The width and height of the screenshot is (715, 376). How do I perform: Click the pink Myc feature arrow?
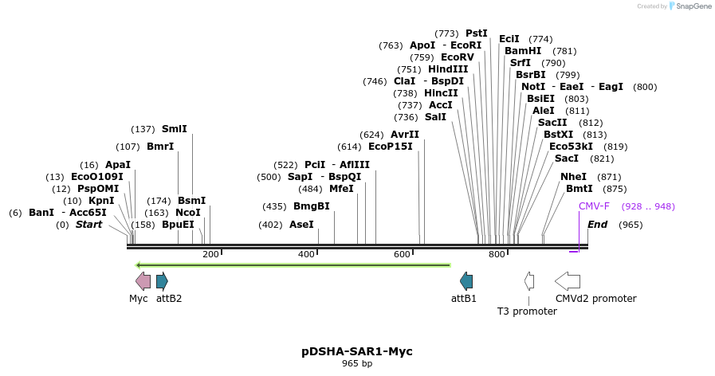(x=143, y=280)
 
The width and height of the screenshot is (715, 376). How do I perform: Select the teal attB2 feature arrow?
(x=162, y=280)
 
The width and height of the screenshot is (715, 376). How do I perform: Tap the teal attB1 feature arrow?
(x=466, y=280)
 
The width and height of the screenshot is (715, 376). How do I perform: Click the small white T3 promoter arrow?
(x=528, y=280)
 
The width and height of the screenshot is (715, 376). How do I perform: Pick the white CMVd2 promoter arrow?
(x=567, y=280)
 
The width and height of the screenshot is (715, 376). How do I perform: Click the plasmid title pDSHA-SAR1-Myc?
(x=357, y=351)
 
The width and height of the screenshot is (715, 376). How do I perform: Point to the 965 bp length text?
(x=357, y=364)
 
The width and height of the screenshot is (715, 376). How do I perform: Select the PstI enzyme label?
(x=477, y=33)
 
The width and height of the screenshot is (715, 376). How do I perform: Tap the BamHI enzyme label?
(x=523, y=51)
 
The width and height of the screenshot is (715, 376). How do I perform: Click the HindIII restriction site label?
(x=448, y=69)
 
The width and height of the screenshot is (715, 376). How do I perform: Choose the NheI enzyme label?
(x=573, y=177)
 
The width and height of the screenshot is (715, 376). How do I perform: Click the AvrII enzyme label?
(x=405, y=135)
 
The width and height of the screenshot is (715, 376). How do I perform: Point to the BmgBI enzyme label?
(x=312, y=206)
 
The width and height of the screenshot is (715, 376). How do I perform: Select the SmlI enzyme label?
(x=175, y=129)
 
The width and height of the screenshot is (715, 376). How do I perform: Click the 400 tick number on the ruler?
(x=306, y=254)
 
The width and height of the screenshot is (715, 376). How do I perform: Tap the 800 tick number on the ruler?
(x=497, y=254)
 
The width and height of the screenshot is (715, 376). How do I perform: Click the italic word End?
(x=597, y=225)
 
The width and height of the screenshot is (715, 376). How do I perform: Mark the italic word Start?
(x=89, y=225)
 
